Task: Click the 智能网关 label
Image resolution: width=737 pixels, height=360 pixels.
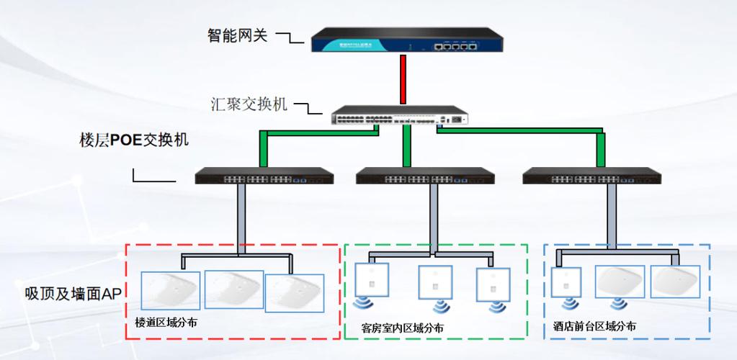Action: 237,35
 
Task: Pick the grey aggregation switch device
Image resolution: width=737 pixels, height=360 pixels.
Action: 398,117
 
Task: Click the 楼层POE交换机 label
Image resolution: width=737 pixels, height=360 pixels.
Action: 133,140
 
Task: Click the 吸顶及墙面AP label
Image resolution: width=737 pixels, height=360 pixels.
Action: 74,293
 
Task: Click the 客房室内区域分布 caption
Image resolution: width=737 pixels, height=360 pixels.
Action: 403,328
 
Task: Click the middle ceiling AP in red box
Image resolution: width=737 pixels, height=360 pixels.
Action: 234,289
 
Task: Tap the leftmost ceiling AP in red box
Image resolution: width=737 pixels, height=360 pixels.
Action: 170,290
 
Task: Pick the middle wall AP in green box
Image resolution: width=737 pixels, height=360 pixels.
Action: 436,282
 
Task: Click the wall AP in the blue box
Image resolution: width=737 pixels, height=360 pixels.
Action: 566,282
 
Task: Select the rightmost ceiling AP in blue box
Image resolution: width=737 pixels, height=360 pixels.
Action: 675,282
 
